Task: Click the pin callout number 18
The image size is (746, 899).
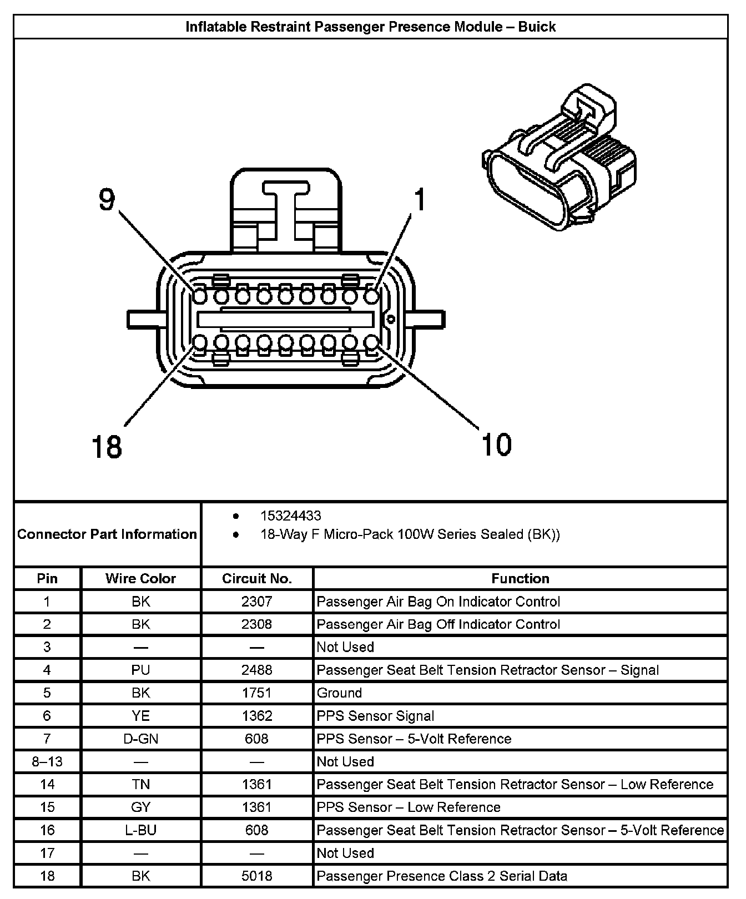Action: tap(106, 446)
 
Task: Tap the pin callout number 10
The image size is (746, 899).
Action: tap(496, 444)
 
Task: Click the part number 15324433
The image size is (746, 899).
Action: tap(290, 516)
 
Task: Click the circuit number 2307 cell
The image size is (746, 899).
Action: tap(256, 602)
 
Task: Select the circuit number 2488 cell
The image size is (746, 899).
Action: tap(256, 670)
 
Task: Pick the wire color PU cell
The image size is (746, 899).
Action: tap(140, 670)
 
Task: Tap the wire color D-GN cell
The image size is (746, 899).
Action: tap(140, 739)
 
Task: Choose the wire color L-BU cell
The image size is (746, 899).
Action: tap(140, 830)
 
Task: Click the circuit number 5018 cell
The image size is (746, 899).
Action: tap(256, 876)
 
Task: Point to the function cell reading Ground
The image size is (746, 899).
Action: tap(339, 693)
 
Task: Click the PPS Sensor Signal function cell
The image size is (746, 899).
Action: tap(375, 716)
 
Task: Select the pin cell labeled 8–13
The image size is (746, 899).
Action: tap(47, 762)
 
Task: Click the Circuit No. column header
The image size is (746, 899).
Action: tap(256, 579)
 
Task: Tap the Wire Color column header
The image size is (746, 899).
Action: tap(140, 579)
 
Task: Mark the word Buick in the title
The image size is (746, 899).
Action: tap(536, 27)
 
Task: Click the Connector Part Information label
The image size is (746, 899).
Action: tap(107, 534)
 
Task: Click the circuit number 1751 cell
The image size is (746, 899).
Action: tap(256, 693)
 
